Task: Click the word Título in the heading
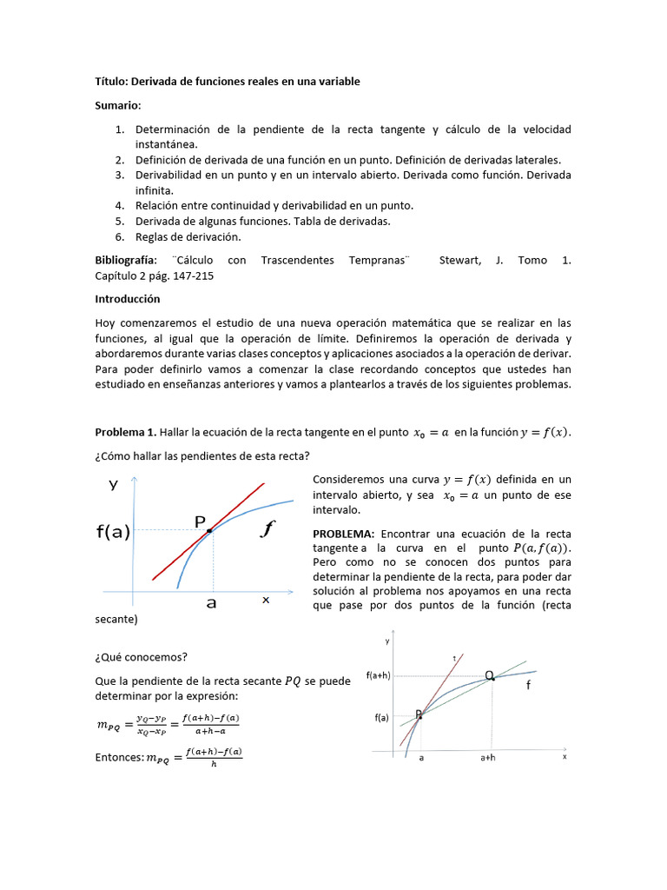coord(110,82)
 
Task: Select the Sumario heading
coord(117,105)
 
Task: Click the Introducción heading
coord(128,299)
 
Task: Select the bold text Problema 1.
coord(125,433)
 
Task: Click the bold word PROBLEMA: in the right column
coord(343,534)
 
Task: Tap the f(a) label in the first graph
coord(113,532)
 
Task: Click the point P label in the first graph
coord(200,521)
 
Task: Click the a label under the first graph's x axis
coord(211,602)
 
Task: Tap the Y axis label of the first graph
coord(113,485)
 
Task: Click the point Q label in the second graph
coord(490,675)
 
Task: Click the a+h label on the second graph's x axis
coord(489,758)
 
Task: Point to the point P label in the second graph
coord(418,714)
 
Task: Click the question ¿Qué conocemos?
coord(132,657)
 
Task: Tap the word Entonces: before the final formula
coord(119,758)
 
